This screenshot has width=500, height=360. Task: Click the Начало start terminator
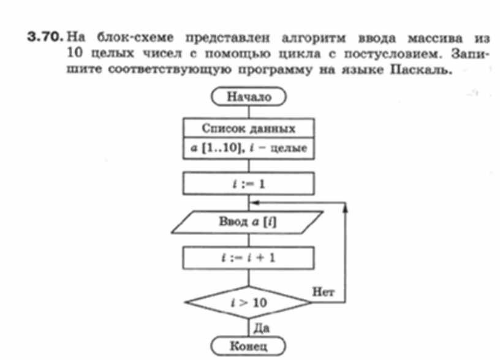(249, 96)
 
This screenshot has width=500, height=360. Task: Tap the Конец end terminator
(249, 347)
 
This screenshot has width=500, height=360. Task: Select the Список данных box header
(249, 129)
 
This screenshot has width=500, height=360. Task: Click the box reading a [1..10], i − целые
(249, 148)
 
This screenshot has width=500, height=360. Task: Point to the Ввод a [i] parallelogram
(248, 222)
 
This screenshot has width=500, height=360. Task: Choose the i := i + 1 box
(249, 258)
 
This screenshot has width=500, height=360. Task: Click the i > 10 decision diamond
(249, 302)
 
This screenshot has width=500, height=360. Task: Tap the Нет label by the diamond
(323, 292)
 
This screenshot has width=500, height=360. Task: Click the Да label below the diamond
(262, 328)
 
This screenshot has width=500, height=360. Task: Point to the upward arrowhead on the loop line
(347, 208)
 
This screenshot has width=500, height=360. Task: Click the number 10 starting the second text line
(74, 54)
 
